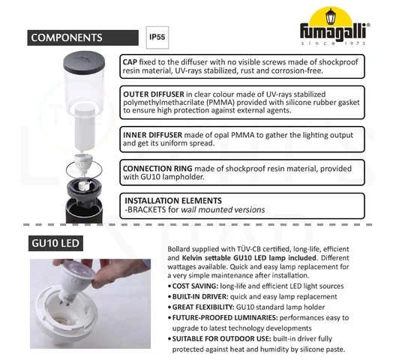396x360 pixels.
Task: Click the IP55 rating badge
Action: [157, 37]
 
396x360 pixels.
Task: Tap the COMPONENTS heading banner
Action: [82, 37]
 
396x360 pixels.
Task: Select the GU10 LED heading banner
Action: [55, 243]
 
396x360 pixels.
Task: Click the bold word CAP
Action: [130, 62]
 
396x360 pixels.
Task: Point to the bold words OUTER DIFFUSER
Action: [154, 94]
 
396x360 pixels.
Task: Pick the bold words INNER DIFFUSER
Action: [152, 135]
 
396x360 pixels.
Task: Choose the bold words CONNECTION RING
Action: [157, 169]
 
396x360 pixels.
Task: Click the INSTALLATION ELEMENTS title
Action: [173, 200]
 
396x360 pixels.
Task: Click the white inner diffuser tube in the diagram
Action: [85, 128]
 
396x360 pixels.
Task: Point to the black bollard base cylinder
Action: [84, 211]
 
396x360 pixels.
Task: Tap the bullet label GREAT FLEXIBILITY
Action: [203, 307]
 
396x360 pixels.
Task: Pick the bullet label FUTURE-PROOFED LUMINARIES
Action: [225, 318]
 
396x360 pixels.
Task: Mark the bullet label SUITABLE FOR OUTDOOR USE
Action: [222, 339]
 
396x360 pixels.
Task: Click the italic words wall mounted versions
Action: [223, 210]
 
